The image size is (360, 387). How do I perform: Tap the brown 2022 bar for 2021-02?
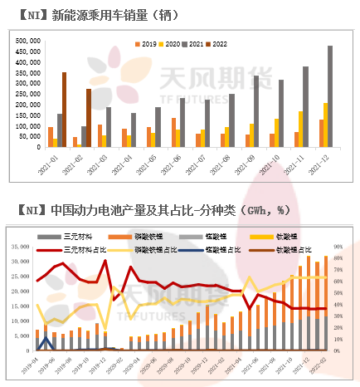point(89,118)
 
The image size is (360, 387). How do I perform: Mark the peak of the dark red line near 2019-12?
point(105,261)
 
